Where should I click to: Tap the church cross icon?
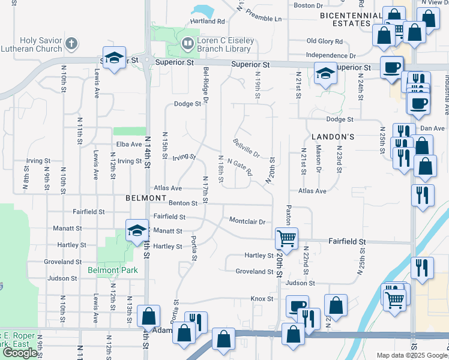pyautogui.click(x=71, y=43)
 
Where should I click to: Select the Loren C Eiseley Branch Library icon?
pyautogui.click(x=187, y=43)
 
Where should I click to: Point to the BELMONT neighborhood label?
pyautogui.click(x=146, y=197)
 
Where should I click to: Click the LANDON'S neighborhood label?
pyautogui.click(x=333, y=137)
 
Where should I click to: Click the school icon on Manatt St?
pyautogui.click(x=136, y=229)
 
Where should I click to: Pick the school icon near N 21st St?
pyautogui.click(x=325, y=74)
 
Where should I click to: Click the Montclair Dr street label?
pyautogui.click(x=247, y=221)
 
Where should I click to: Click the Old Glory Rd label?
pyautogui.click(x=324, y=41)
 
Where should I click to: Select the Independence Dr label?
pyautogui.click(x=331, y=55)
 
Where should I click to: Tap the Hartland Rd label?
pyautogui.click(x=207, y=21)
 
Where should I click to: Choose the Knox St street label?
pyautogui.click(x=262, y=298)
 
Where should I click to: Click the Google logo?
pyautogui.click(x=20, y=353)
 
